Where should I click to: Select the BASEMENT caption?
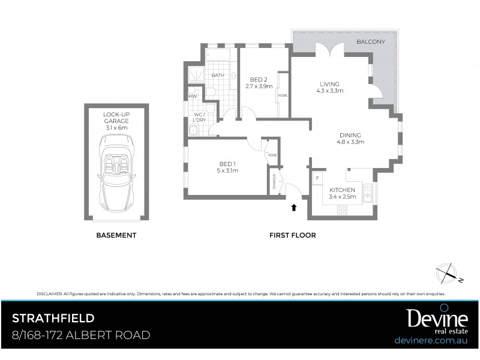coord(116,235)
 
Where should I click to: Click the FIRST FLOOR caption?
coord(292,235)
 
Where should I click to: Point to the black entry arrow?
coord(293,208)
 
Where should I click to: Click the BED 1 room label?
coord(228,167)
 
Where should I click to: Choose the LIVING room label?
coord(329,87)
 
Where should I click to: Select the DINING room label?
coord(351,139)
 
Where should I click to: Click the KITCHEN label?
coord(343,193)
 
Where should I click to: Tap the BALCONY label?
coord(370,41)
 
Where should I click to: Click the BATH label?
coord(217,75)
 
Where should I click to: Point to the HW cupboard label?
coord(193,96)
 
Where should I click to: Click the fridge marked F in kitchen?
coord(317,178)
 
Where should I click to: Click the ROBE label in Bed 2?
coord(281,95)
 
